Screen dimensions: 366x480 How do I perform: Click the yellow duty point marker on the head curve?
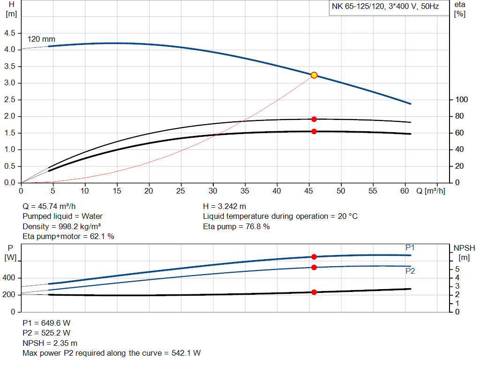[314, 75]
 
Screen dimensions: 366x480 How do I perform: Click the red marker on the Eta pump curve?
[314, 119]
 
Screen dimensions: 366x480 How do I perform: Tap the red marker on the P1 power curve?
[314, 256]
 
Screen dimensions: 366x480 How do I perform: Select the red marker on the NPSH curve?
[314, 292]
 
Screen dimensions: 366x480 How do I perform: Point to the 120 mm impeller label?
[41, 39]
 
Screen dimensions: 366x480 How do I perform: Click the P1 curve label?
[410, 247]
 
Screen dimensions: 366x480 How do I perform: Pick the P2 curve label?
[410, 271]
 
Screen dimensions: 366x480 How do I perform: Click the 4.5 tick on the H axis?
[9, 33]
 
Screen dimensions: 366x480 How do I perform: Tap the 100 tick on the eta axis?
[462, 100]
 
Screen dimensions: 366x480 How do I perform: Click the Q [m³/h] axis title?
[430, 191]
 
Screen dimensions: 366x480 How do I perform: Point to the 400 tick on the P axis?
[9, 278]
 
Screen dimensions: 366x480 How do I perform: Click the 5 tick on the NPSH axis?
[457, 269]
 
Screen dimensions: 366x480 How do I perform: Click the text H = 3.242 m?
[225, 206]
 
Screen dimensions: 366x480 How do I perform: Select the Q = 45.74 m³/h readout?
[49, 206]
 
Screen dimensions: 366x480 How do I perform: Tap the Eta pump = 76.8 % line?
[236, 226]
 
